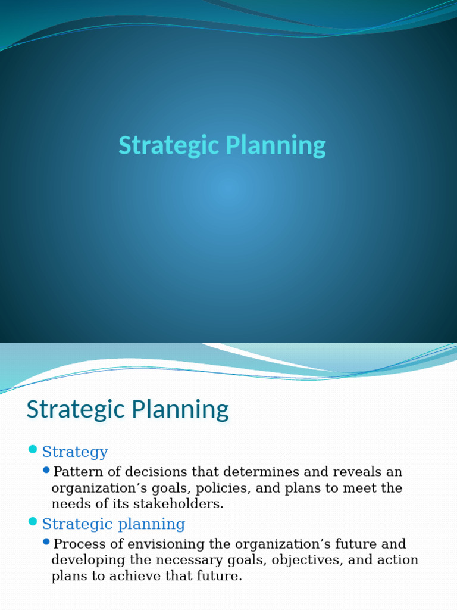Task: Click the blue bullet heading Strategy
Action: (x=75, y=452)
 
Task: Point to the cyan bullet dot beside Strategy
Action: (x=33, y=449)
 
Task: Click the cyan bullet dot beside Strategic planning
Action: (x=33, y=522)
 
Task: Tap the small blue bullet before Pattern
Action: (x=47, y=471)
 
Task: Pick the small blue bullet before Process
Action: (x=47, y=542)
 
